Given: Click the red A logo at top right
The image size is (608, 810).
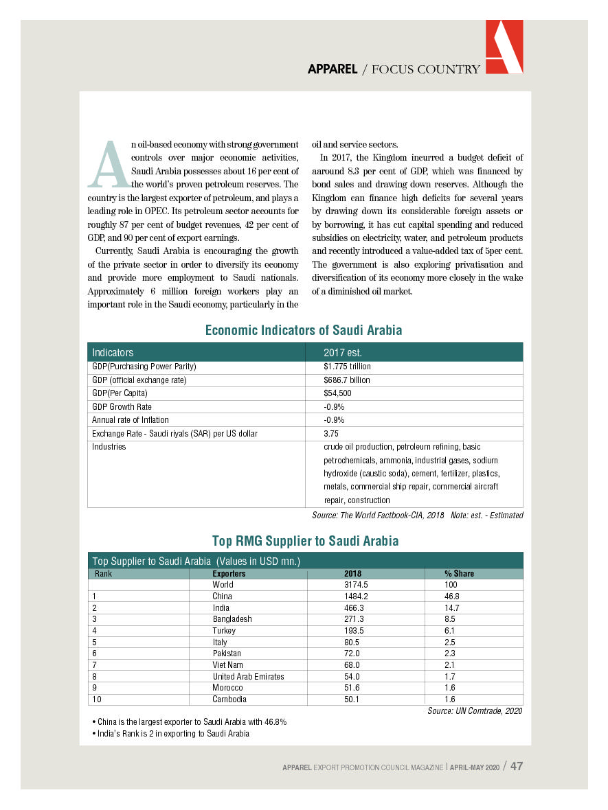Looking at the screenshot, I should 504,47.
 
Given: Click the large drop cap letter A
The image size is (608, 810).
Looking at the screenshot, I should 109,165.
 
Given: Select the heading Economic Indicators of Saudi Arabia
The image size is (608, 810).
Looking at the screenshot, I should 304,330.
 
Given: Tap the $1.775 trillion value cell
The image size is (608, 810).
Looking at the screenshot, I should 347,367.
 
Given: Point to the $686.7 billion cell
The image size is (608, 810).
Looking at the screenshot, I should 346,380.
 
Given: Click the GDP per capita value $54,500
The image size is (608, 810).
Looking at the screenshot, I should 337,393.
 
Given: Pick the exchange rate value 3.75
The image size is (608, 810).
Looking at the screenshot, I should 331,433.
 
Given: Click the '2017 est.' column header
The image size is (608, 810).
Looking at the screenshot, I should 342,353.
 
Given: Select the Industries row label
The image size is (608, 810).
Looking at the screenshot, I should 109,447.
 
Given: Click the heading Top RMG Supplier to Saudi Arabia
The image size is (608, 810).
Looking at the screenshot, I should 305,541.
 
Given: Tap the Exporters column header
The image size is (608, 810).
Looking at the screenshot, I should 229,573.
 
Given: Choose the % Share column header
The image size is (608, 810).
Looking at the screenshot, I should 459,573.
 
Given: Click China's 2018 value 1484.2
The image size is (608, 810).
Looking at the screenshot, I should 356,597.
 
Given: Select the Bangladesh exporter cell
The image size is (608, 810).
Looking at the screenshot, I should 232,619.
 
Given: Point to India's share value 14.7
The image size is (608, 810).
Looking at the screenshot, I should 452,607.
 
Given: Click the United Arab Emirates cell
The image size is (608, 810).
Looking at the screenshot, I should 248,676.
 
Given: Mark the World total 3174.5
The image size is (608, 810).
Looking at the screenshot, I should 356,585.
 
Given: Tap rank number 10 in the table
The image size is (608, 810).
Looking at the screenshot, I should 96,699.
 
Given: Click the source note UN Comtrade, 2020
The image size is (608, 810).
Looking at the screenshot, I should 474,710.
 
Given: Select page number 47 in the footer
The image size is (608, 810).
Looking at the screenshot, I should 517,766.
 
